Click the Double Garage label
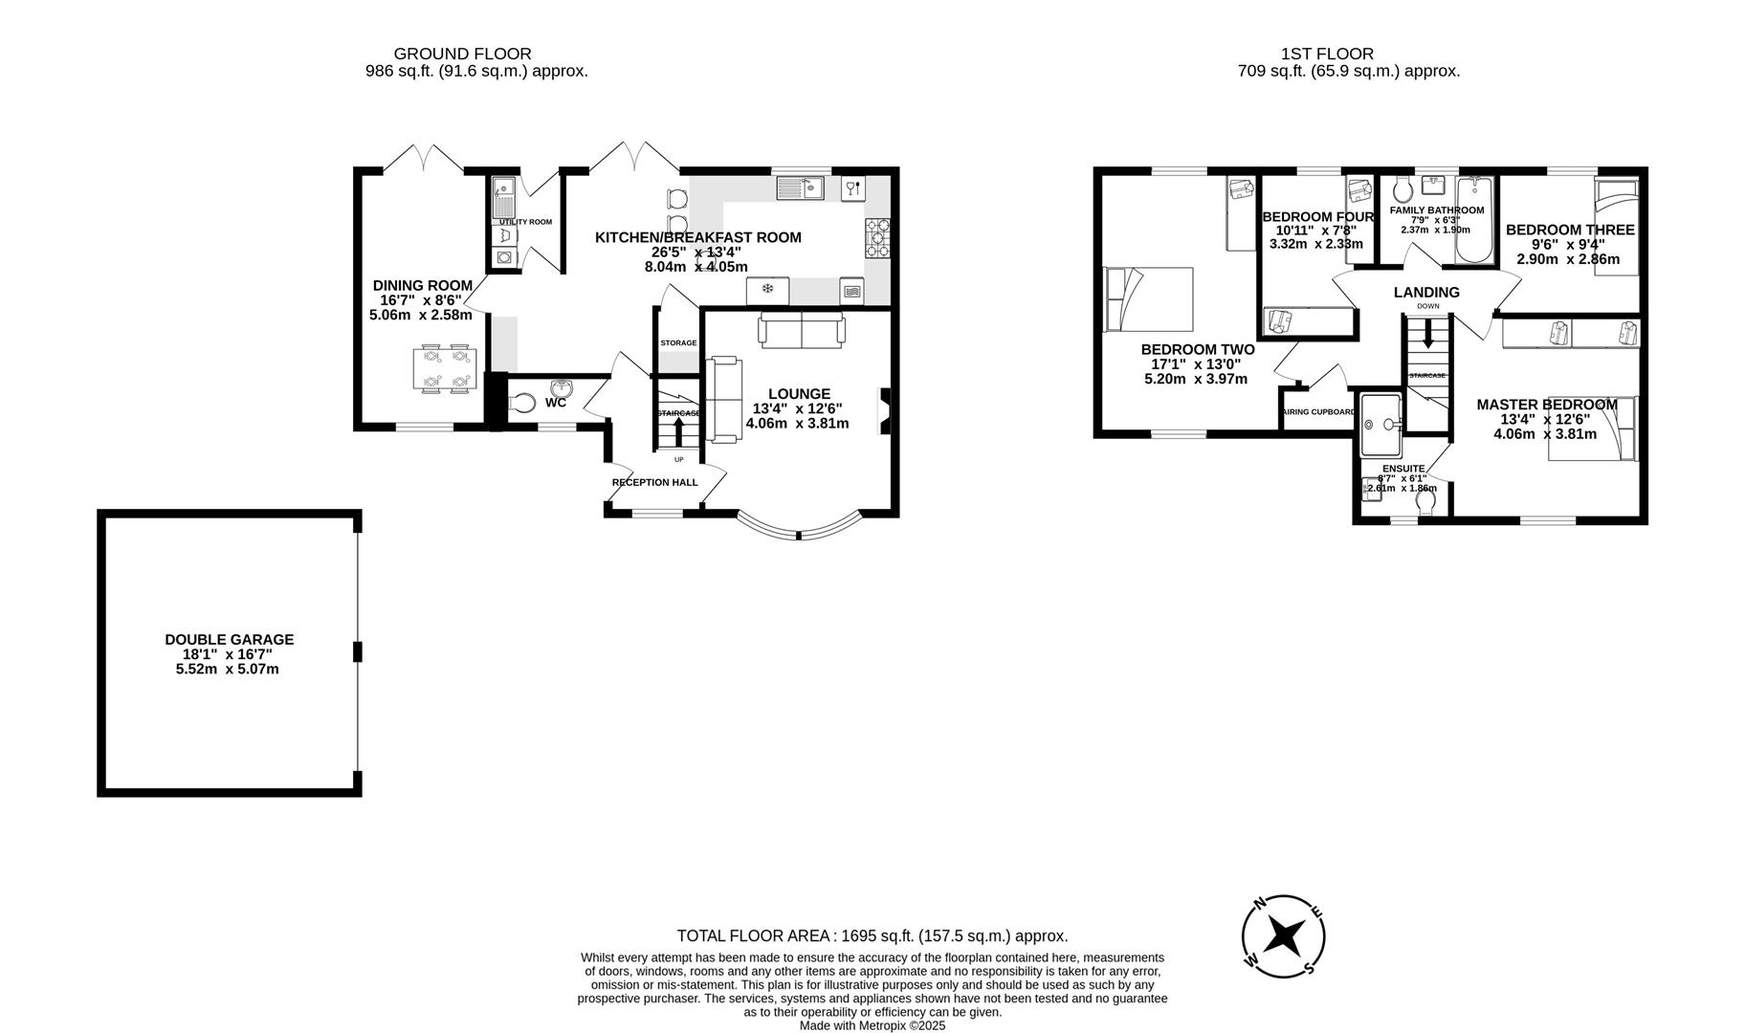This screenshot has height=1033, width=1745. coord(229,640)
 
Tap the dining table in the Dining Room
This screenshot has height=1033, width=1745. coord(446,369)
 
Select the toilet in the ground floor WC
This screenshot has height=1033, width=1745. coord(522,404)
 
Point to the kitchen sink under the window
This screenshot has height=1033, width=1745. coord(800,188)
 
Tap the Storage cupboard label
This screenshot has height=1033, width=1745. coord(678,342)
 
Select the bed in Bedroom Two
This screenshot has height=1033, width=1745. coord(1148,299)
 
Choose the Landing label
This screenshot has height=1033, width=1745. coord(1425,293)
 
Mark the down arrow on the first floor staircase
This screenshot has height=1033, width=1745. coord(1428,335)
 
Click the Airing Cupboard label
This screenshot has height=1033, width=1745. coord(1318,412)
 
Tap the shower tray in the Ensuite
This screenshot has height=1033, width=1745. coord(1381,425)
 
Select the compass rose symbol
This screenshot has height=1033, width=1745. coord(1283,936)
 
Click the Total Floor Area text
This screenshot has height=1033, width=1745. coord(872,936)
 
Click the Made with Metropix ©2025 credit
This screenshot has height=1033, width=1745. coord(872,1025)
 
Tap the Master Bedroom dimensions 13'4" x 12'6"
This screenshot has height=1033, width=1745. coord(1544,419)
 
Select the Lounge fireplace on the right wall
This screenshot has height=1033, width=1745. coord(885,411)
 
